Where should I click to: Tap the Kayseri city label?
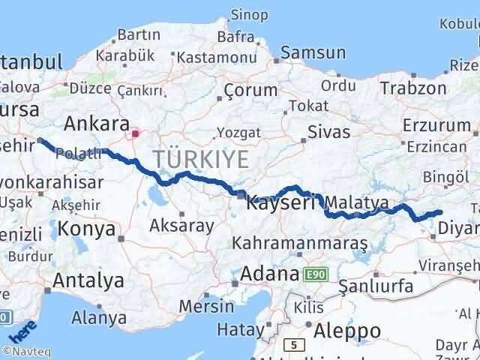[x=278, y=202]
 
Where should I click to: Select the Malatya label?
[x=361, y=202]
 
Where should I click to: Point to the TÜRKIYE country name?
[x=200, y=159]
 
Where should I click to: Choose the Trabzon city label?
[x=413, y=88]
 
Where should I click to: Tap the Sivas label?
[x=328, y=133]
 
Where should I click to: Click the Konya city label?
[x=87, y=229]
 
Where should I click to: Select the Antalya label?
[x=88, y=281]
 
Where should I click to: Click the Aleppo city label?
[x=347, y=331]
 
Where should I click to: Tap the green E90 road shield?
[x=316, y=275]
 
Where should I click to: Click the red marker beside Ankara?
[x=135, y=134]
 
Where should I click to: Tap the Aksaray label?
[x=182, y=224]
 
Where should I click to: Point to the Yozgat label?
[x=238, y=133]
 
